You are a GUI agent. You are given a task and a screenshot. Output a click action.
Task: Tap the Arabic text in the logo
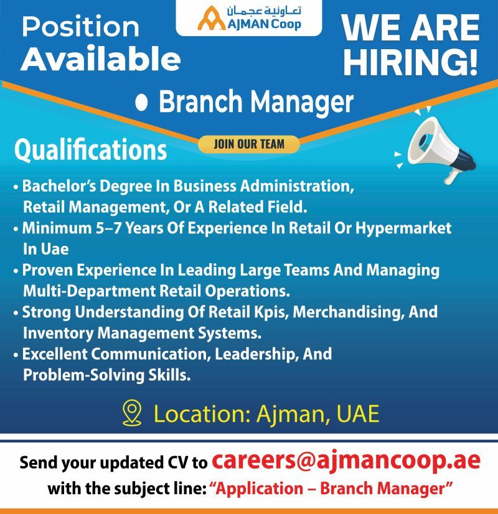point(264,11)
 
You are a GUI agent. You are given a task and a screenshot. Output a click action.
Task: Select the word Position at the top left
point(81,27)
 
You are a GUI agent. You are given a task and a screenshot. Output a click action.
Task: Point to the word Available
point(101,59)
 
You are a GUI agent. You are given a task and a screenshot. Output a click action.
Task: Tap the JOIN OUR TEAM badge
point(249,144)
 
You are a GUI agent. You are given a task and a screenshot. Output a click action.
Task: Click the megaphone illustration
point(435,145)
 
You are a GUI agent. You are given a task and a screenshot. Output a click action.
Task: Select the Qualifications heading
point(90,150)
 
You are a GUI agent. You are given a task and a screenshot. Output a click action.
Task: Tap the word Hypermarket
point(403,228)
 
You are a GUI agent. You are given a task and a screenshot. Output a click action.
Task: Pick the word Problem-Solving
point(84,375)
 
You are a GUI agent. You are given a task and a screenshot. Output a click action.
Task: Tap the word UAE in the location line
point(358,414)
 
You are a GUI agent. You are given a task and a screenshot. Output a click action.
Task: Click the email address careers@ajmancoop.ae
point(346,461)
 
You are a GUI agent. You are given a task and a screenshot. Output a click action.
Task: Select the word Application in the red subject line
point(260,488)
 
